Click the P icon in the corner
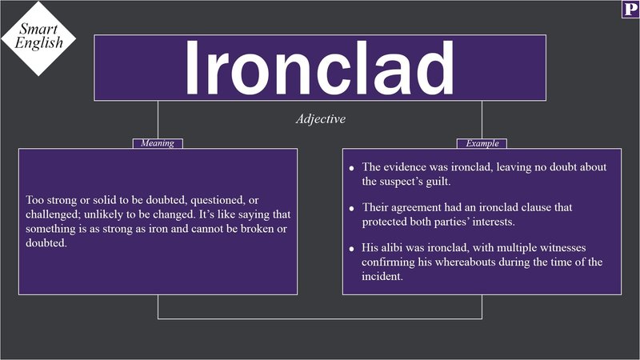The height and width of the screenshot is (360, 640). tap(628, 10)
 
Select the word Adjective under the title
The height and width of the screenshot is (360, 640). tap(320, 118)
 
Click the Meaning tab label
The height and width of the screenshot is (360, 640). tap(158, 144)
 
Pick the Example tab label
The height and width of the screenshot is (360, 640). tap(482, 144)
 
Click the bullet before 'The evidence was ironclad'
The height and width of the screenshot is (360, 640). tap(352, 169)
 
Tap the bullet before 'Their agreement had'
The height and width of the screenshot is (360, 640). tap(352, 209)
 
